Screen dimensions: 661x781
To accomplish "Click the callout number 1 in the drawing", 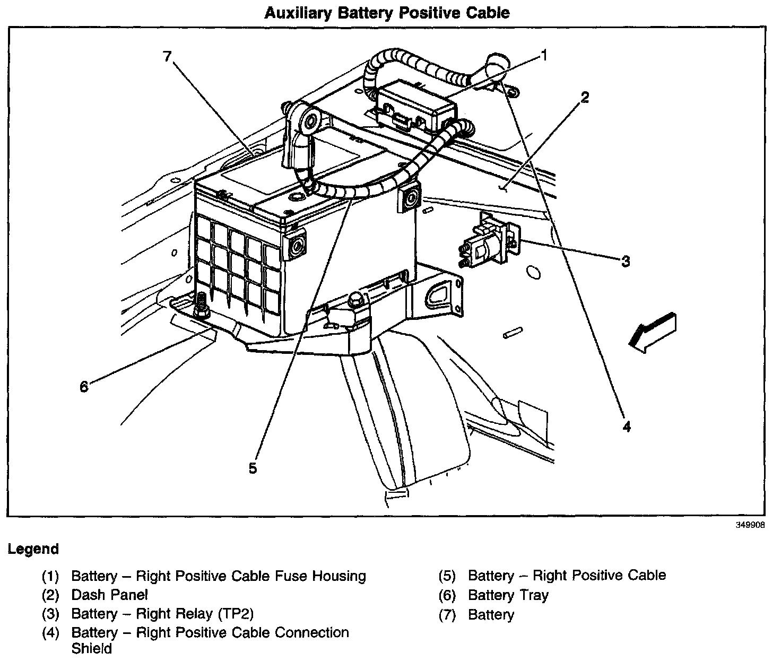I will (543, 55).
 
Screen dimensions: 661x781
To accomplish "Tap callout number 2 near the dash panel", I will (584, 98).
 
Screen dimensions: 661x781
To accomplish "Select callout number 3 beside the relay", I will (626, 261).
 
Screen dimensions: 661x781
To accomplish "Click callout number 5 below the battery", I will (253, 468).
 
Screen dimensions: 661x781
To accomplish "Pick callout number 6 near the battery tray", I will (84, 387).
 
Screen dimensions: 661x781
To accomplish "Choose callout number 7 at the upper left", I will (168, 56).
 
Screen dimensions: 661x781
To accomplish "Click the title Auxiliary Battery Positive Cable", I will (387, 13).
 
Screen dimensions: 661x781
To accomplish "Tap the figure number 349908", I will (750, 525).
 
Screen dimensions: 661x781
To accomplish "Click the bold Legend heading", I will (33, 549).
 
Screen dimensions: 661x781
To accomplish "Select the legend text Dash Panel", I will (109, 595).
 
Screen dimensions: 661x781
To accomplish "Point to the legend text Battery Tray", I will (508, 595).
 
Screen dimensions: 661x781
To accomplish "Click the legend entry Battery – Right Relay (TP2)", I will (162, 614).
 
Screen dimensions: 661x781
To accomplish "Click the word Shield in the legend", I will (91, 648).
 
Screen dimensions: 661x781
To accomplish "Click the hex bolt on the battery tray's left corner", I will (201, 307).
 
